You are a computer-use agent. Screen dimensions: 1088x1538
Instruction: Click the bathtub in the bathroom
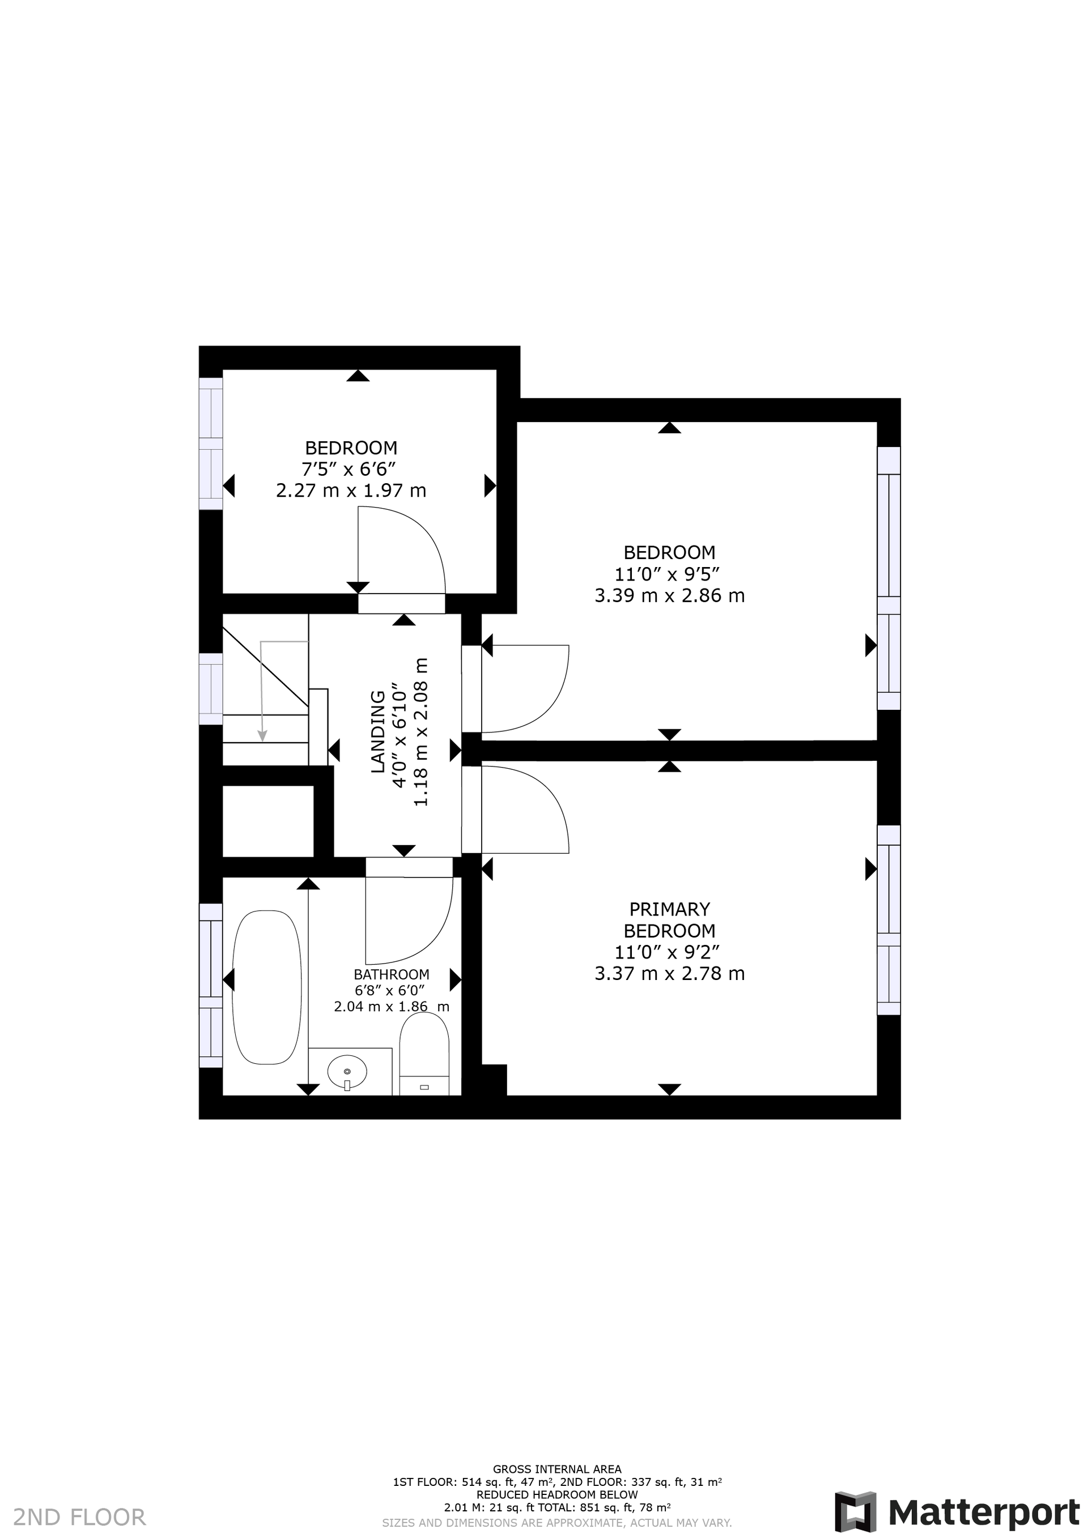(267, 987)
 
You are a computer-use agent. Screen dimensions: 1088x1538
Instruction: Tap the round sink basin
(347, 1072)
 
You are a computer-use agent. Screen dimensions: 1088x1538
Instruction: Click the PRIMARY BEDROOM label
(669, 920)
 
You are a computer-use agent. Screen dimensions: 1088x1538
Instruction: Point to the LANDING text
(379, 731)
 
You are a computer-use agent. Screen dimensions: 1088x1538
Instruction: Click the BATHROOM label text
(392, 975)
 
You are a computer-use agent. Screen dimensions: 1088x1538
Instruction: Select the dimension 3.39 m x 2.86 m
(669, 595)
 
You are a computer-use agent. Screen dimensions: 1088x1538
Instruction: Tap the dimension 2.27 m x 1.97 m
(351, 491)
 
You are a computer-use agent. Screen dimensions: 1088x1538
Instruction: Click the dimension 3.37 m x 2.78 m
(669, 973)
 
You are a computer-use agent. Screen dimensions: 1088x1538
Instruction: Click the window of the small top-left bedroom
(211, 444)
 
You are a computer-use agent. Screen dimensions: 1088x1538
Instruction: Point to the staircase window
(211, 689)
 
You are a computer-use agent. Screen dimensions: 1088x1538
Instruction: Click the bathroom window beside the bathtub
(211, 985)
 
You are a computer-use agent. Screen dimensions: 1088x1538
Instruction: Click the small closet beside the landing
(268, 821)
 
